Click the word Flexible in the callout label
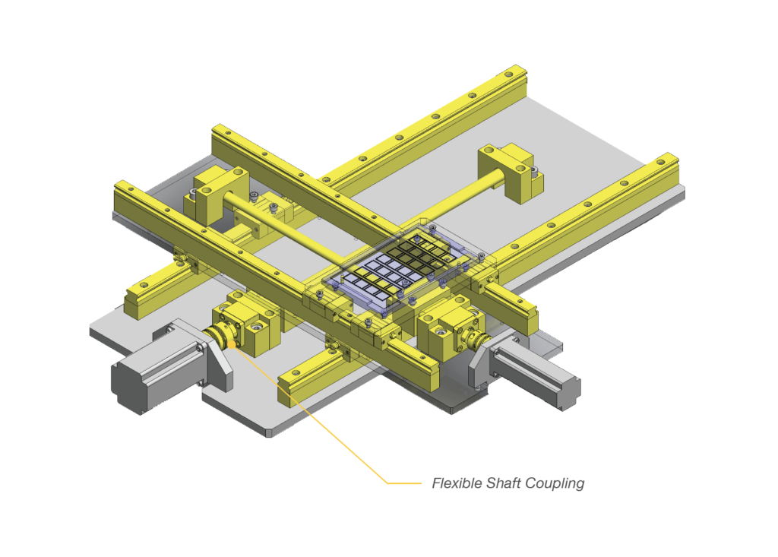click(455, 483)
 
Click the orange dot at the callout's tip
click(231, 346)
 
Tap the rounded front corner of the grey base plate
click(270, 432)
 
